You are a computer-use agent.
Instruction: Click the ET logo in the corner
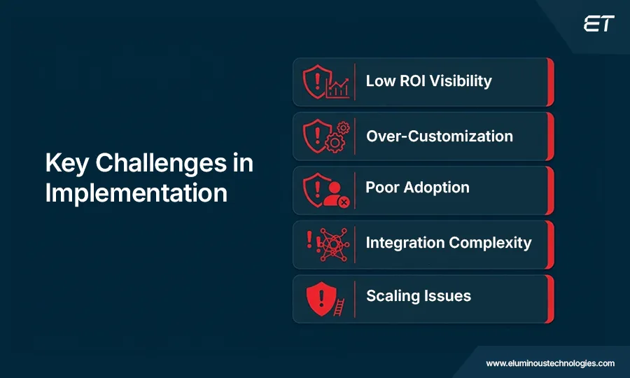[x=598, y=24]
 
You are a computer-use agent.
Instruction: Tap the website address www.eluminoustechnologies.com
[x=550, y=363]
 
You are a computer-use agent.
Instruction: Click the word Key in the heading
[x=67, y=163]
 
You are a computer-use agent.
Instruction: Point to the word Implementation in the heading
[x=136, y=192]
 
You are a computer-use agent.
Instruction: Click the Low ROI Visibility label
[x=428, y=81]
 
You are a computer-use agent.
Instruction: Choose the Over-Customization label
[x=439, y=136]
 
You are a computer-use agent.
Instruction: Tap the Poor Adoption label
[x=417, y=188]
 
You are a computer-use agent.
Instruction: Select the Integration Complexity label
[x=448, y=243]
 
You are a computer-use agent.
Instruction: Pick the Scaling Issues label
[x=418, y=295]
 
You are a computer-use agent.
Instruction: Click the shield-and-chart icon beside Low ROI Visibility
[x=325, y=82]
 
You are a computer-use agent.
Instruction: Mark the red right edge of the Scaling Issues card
[x=550, y=299]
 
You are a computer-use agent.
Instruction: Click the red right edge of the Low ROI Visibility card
[x=550, y=82]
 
